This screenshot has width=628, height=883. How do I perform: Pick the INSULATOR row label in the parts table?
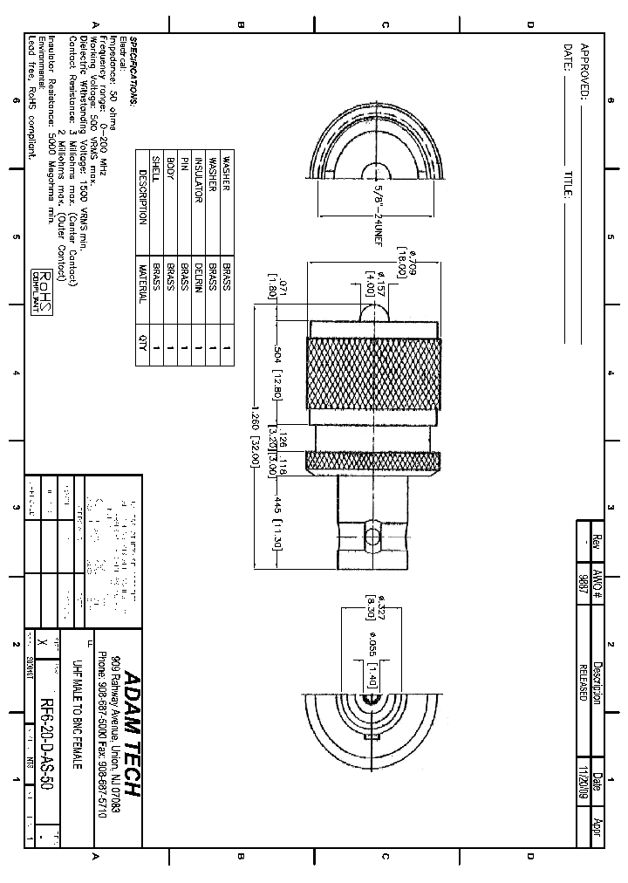pyautogui.click(x=199, y=180)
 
